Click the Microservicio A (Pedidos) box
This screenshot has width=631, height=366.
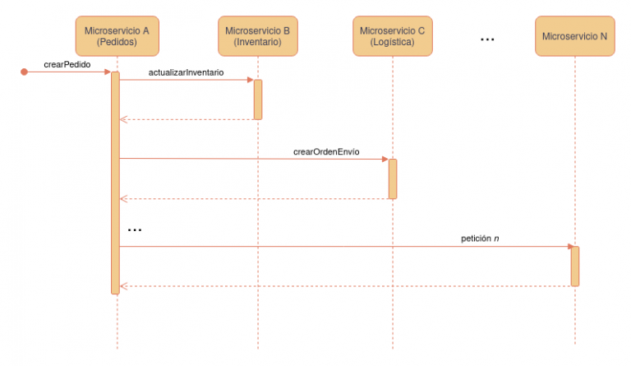click(x=117, y=35)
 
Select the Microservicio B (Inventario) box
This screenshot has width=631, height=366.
click(x=257, y=35)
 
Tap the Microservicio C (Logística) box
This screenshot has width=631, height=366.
click(x=392, y=35)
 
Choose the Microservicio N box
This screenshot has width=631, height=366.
click(x=574, y=35)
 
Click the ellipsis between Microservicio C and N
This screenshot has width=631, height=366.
click(x=486, y=39)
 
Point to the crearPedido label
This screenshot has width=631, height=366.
click(x=67, y=63)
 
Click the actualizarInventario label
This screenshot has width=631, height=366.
click(x=186, y=72)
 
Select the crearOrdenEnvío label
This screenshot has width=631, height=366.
click(x=326, y=152)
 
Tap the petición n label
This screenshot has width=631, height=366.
click(x=480, y=239)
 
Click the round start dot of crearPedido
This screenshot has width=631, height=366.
click(x=24, y=72)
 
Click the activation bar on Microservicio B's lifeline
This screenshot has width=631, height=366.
click(x=258, y=100)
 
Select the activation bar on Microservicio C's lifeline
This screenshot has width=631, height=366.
click(x=393, y=178)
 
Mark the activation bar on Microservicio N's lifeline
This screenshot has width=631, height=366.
click(x=575, y=266)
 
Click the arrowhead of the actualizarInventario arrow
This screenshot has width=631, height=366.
click(x=250, y=80)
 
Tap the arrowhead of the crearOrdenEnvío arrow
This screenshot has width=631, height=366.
click(x=385, y=159)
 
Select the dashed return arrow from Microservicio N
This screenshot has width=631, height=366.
click(x=345, y=285)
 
